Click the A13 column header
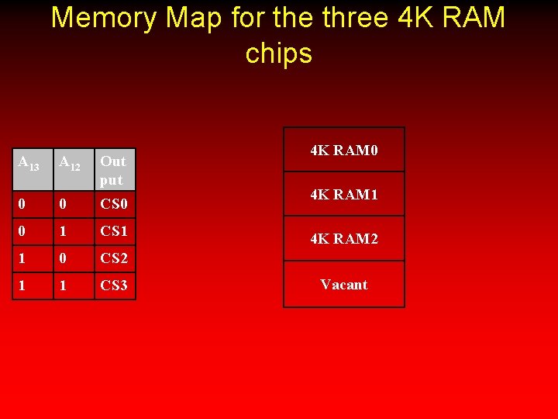(29, 163)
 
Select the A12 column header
(70, 163)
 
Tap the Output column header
(113, 170)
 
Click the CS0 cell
(113, 206)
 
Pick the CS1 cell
(113, 231)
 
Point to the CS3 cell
(113, 286)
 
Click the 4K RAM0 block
(344, 150)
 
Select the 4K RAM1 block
(344, 195)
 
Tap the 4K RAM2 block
(344, 239)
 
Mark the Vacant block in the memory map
(344, 284)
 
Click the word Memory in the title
(99, 17)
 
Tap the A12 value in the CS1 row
(64, 231)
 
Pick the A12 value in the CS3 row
(64, 286)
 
